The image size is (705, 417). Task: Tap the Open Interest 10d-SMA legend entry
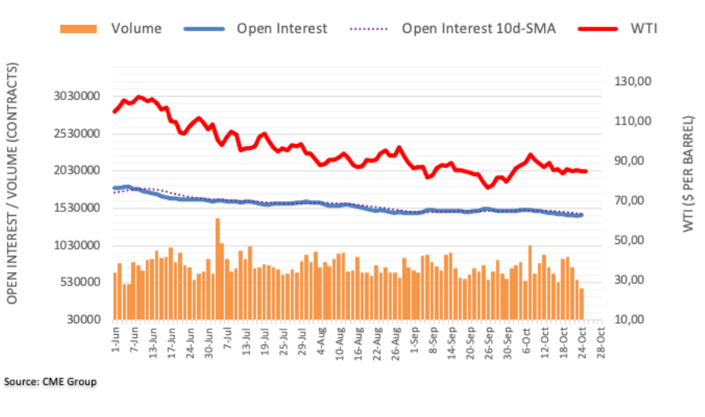(478, 29)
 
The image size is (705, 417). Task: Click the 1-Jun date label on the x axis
(114, 339)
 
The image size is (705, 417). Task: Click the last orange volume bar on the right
(582, 304)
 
